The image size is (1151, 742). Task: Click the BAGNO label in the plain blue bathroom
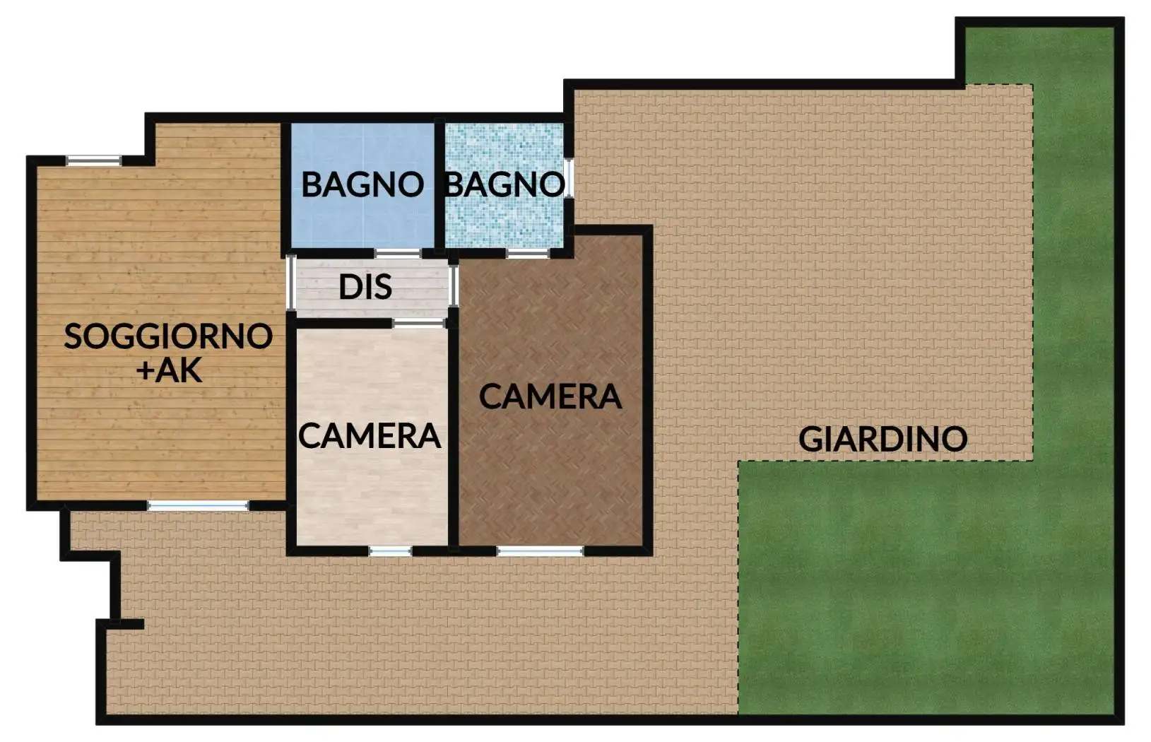tap(362, 184)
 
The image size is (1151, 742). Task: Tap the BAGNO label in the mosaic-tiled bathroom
tap(504, 184)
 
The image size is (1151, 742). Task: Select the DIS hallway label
tap(365, 287)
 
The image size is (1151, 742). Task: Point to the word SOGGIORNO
tap(168, 336)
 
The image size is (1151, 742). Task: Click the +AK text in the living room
tap(170, 370)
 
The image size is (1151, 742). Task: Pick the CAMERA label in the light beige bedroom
tap(370, 435)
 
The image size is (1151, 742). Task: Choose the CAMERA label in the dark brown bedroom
tap(550, 396)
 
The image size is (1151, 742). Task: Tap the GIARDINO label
tap(883, 439)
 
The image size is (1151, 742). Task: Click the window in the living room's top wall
tap(94, 161)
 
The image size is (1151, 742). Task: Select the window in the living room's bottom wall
tap(198, 506)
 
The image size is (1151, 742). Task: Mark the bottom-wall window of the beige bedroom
tap(391, 550)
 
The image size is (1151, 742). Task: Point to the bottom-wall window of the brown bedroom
tap(540, 550)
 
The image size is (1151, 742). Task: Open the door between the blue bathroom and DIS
tap(398, 253)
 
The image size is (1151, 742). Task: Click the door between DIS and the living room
tap(290, 281)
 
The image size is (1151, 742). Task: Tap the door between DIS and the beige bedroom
tap(418, 323)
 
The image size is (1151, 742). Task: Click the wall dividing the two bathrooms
tap(439, 185)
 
